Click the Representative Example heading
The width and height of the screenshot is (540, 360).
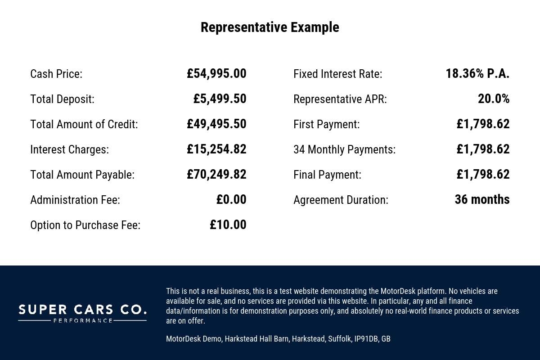270,27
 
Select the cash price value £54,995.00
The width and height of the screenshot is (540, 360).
216,74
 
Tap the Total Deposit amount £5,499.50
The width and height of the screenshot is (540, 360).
220,99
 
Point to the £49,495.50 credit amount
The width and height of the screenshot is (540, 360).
216,124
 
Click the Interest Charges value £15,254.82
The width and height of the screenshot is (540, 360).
216,149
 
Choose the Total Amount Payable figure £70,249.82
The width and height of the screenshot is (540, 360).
216,175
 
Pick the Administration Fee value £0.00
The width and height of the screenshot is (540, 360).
231,200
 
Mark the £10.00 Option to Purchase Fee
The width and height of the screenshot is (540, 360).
228,225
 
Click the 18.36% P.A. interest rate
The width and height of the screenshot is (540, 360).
477,74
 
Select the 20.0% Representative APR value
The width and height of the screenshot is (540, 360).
494,99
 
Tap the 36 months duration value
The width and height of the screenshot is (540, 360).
482,200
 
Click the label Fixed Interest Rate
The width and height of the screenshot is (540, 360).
337,74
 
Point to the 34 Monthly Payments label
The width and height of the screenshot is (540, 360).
344,149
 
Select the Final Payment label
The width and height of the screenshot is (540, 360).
327,175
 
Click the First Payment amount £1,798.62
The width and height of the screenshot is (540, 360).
483,124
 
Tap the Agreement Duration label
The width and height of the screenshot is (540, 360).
341,200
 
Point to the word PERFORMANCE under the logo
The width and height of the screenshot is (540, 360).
82,321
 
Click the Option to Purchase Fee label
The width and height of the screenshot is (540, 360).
85,225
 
